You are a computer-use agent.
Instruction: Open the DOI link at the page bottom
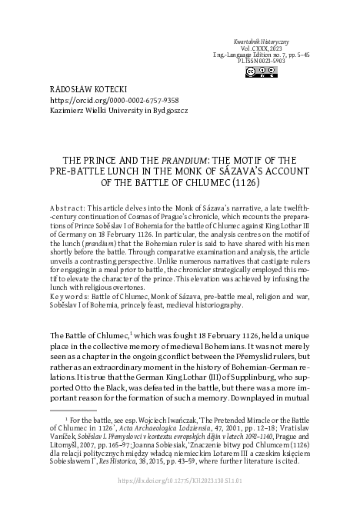click(181, 500)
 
